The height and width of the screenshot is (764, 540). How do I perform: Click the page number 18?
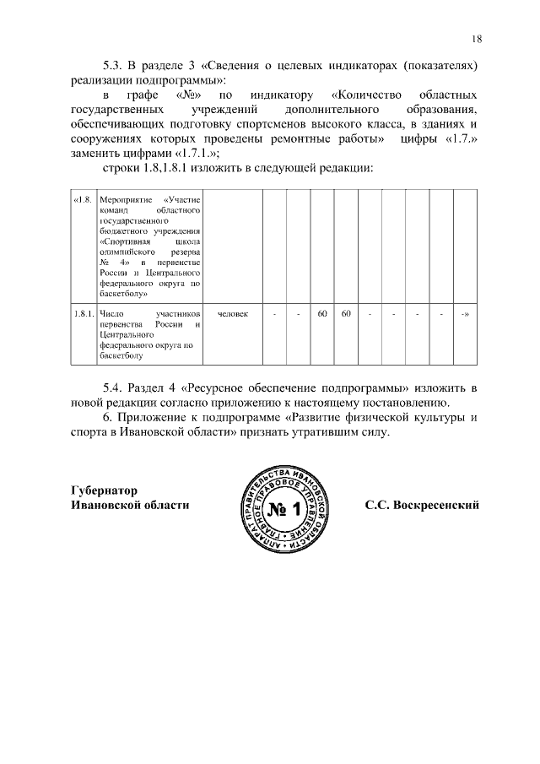coord(477,39)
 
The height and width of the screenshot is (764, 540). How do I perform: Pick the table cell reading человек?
coord(233,314)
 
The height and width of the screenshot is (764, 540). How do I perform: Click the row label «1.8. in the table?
coord(82,199)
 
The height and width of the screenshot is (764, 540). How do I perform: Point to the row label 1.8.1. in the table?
coord(83,314)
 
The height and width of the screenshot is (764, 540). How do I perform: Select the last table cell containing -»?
coord(465,314)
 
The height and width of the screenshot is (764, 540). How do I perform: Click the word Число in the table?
coord(111,314)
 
